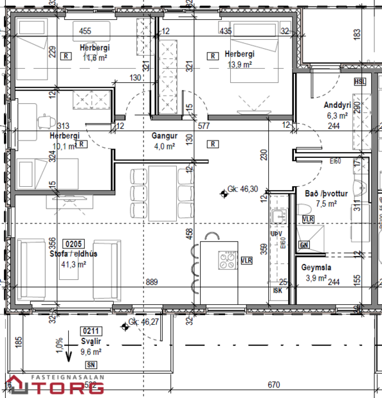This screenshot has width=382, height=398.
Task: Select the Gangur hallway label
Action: [164, 136]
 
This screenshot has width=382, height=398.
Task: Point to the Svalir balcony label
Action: [91, 342]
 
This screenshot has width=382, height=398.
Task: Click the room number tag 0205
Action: [73, 244]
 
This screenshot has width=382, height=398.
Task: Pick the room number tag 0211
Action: [91, 331]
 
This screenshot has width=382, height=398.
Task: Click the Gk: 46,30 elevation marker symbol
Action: [223, 191]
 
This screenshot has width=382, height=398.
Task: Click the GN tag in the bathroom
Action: [304, 245]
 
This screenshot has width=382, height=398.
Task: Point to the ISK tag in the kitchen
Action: [278, 290]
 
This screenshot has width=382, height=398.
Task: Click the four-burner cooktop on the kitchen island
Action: [228, 260]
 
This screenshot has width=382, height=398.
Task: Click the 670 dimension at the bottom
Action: [274, 385]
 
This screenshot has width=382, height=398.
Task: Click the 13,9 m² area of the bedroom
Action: [239, 65]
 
